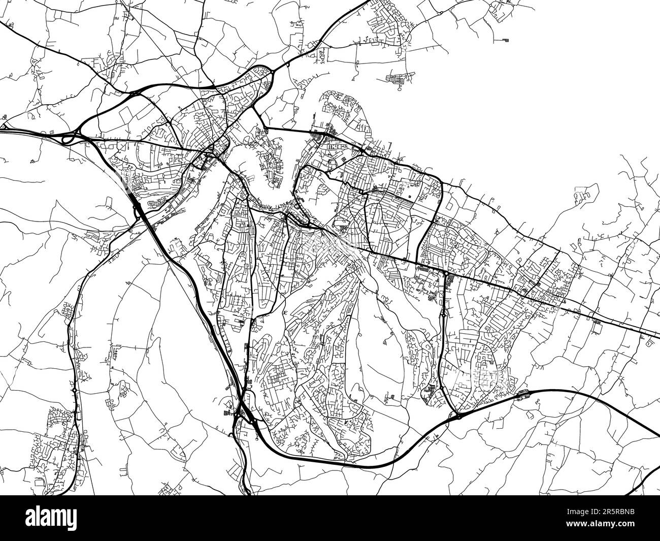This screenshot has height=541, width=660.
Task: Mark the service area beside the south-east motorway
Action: (x=521, y=393)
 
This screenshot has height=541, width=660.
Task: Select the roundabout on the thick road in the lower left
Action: (x=74, y=390)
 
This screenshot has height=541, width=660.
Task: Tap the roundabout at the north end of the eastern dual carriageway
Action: (x=445, y=274)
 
